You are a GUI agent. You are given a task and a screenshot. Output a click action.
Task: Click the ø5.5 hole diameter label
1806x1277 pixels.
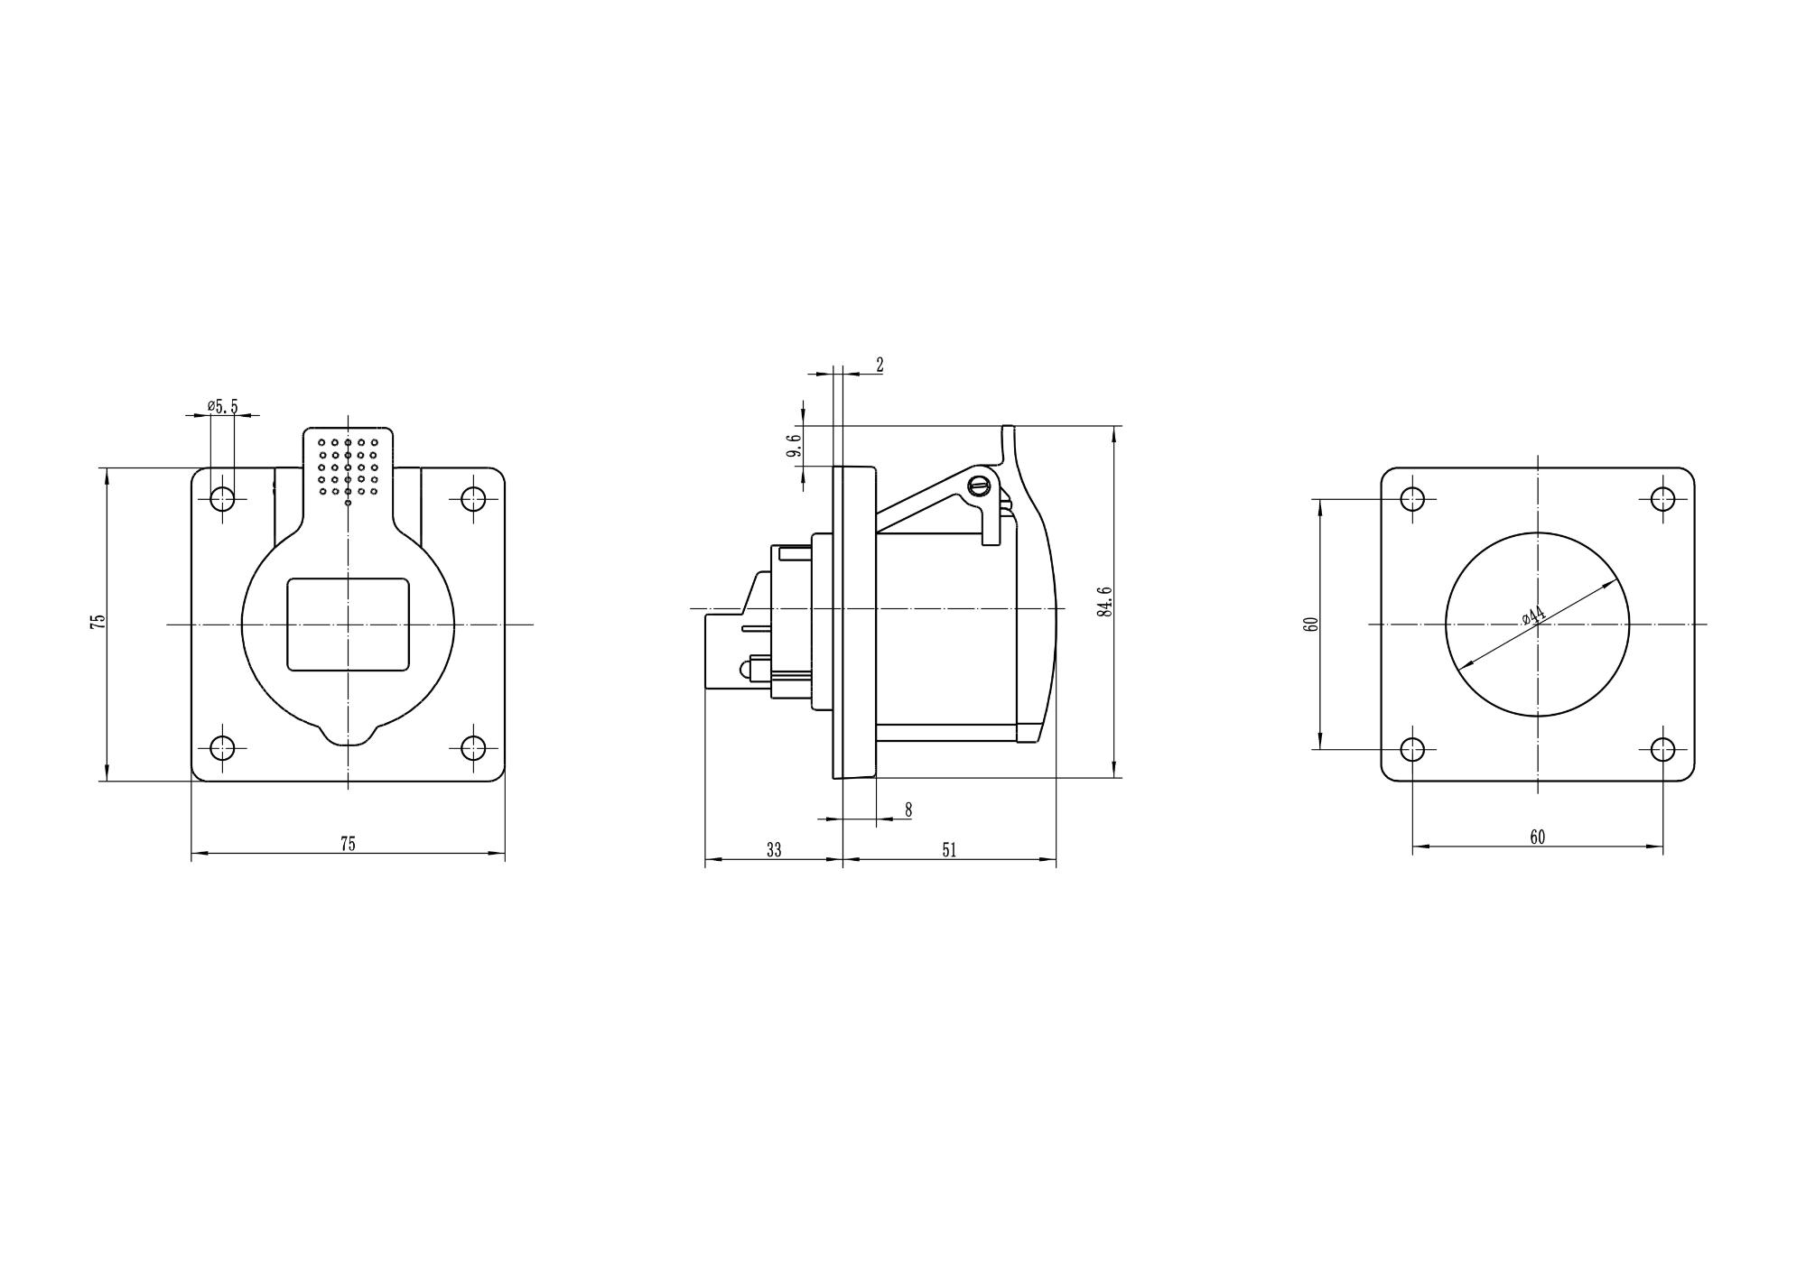click(x=222, y=406)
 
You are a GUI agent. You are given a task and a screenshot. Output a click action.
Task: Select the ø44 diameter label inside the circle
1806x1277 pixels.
click(x=1533, y=615)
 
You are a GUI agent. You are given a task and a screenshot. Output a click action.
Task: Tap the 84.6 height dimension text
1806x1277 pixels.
click(x=1104, y=601)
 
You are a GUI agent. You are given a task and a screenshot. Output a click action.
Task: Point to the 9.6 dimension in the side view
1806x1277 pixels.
click(x=794, y=446)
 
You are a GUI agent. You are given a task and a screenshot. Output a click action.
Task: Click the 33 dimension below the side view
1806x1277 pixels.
click(x=774, y=850)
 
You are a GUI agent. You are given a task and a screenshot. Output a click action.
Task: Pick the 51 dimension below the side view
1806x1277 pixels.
click(x=949, y=850)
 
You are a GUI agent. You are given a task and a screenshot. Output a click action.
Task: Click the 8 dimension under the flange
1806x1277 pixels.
click(x=908, y=810)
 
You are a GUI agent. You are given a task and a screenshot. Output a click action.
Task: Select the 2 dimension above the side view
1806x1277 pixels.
click(x=880, y=365)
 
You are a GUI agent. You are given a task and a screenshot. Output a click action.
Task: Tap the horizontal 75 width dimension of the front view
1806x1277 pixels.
click(x=348, y=844)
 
